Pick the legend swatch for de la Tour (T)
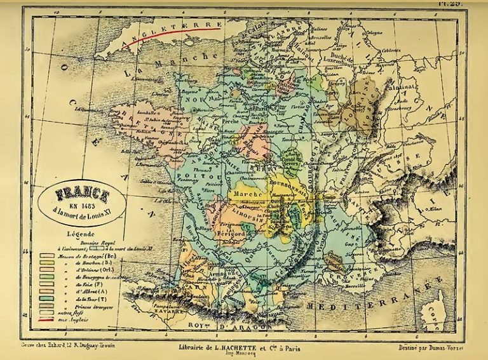point(46,297)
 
